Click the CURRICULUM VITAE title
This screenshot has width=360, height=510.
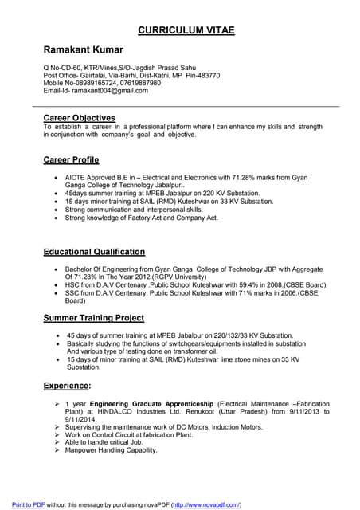[x=186, y=30]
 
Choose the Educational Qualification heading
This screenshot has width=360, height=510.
[x=94, y=252]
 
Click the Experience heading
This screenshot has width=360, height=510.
[x=67, y=386]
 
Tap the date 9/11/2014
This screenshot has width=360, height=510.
[x=82, y=419]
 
